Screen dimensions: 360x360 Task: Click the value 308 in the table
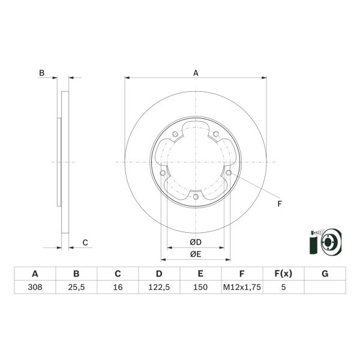[35, 287]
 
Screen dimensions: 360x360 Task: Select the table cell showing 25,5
[76, 287]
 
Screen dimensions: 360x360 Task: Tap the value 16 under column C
[118, 287]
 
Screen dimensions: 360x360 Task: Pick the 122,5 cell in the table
[159, 287]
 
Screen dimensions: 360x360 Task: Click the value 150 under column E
[200, 287]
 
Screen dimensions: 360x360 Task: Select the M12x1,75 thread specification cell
[242, 287]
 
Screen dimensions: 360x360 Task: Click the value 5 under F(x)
[283, 287]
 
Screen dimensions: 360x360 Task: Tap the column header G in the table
[325, 274]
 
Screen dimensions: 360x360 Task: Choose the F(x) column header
[283, 274]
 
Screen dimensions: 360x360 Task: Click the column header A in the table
[35, 274]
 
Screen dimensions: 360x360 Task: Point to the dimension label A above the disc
[196, 73]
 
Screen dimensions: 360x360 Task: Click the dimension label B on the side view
[41, 73]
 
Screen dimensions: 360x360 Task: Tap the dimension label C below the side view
[85, 242]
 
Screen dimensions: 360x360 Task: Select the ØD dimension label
[196, 242]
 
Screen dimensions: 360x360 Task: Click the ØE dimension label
[196, 254]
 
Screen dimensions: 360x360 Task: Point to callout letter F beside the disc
[279, 204]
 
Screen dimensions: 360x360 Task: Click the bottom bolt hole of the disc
[196, 196]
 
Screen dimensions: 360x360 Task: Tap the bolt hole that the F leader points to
[229, 173]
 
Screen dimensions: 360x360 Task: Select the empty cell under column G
[325, 287]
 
